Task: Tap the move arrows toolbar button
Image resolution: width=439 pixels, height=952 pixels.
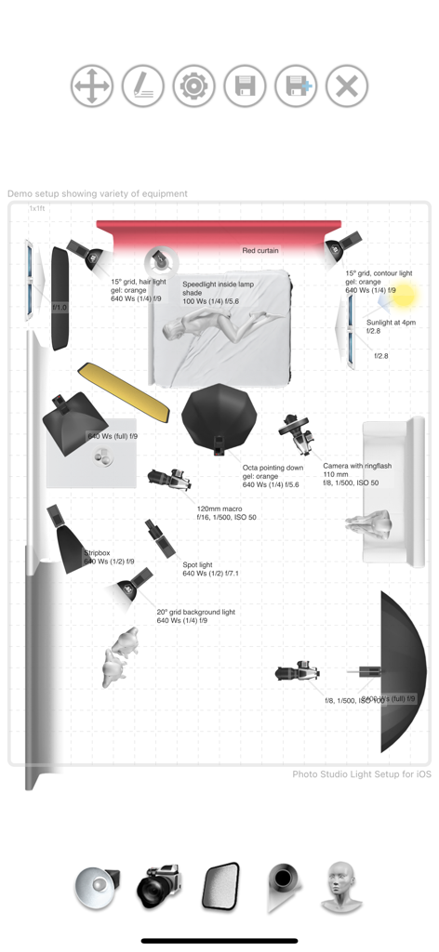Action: pyautogui.click(x=92, y=86)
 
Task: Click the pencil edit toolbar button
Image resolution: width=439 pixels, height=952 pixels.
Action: pyautogui.click(x=142, y=86)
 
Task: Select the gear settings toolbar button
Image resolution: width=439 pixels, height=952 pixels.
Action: pyautogui.click(x=193, y=86)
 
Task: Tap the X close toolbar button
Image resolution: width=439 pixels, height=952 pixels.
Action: pyautogui.click(x=347, y=86)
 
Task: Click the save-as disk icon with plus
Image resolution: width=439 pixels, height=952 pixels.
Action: pyautogui.click(x=296, y=86)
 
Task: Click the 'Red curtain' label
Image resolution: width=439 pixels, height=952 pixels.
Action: pyautogui.click(x=260, y=250)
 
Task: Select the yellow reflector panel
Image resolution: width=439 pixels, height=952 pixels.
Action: pyautogui.click(x=123, y=390)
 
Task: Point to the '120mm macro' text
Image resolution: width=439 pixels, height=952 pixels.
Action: pyautogui.click(x=219, y=509)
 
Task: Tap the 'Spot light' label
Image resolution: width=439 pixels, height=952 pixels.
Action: pyautogui.click(x=197, y=564)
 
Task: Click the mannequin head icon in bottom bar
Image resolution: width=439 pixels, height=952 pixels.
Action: pyautogui.click(x=341, y=885)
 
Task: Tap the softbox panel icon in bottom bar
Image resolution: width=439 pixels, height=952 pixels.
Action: pyautogui.click(x=220, y=885)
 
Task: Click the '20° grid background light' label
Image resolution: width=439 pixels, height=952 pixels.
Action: pyautogui.click(x=195, y=612)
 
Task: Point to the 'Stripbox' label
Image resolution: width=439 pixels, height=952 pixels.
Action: pyautogui.click(x=99, y=552)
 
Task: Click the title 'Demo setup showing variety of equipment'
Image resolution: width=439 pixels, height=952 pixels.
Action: pyautogui.click(x=98, y=193)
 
